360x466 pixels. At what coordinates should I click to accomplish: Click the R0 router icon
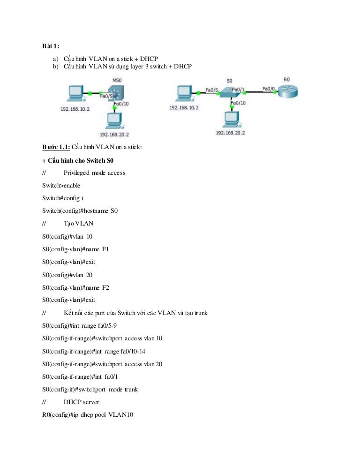pyautogui.click(x=288, y=91)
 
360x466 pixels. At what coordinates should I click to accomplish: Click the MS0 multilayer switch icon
pyautogui.click(x=116, y=93)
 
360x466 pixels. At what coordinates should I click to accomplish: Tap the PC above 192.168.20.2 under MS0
pyautogui.click(x=114, y=120)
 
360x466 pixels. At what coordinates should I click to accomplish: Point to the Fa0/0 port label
pyautogui.click(x=269, y=89)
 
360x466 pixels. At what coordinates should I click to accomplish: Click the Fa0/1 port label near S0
pyautogui.click(x=238, y=90)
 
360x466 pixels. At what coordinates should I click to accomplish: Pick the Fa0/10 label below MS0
pyautogui.click(x=121, y=104)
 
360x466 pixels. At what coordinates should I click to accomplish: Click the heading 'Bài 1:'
pyautogui.click(x=51, y=46)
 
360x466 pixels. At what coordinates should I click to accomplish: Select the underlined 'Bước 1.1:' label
pyautogui.click(x=56, y=147)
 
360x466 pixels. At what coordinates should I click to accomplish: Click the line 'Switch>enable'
pyautogui.click(x=61, y=186)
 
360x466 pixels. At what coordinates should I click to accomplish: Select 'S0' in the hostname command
pyautogui.click(x=114, y=210)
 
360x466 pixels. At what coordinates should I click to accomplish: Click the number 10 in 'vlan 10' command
pyautogui.click(x=90, y=237)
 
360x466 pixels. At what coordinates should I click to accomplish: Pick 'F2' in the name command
pyautogui.click(x=105, y=288)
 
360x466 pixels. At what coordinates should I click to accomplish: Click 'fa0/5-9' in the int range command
pyautogui.click(x=107, y=326)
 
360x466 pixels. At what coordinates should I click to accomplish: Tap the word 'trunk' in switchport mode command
pyautogui.click(x=131, y=389)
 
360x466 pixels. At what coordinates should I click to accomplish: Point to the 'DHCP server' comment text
pyautogui.click(x=82, y=402)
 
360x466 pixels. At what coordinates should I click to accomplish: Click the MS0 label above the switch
pyautogui.click(x=117, y=80)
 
